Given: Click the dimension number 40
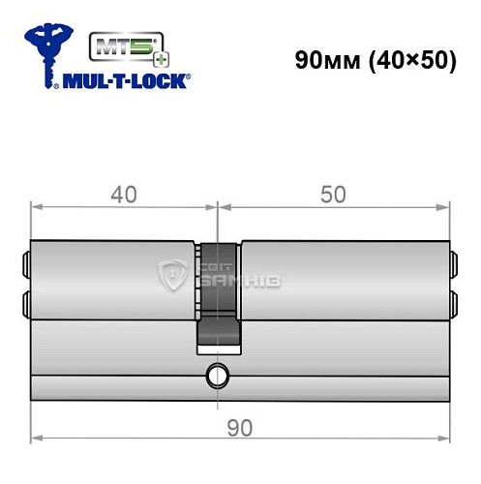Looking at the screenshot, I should pyautogui.click(x=122, y=195).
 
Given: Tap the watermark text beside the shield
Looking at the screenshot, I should pyautogui.click(x=238, y=277).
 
